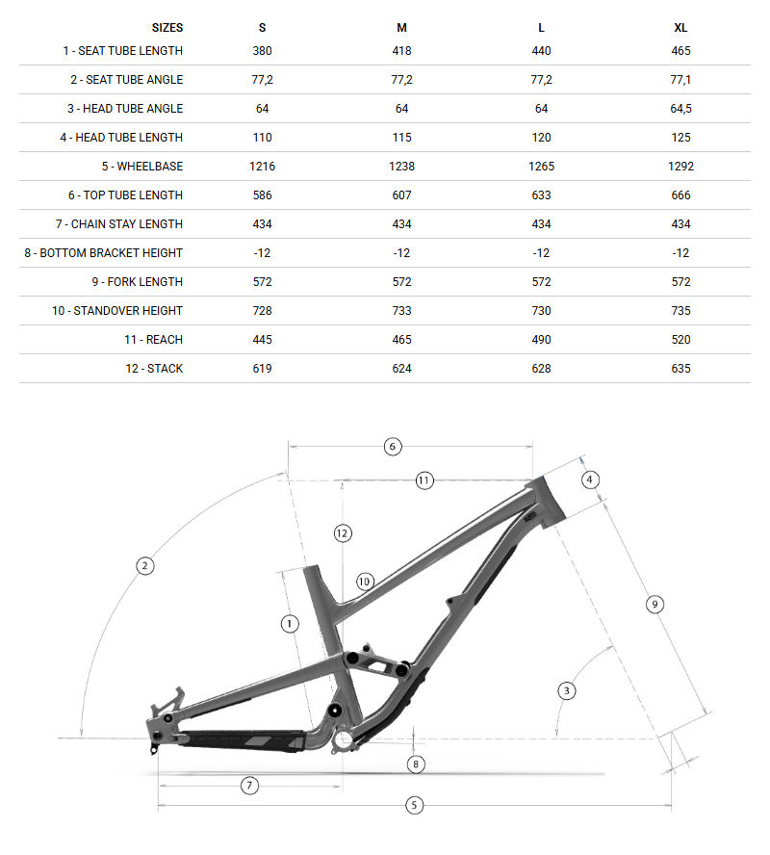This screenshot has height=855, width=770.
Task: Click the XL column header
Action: tap(680, 28)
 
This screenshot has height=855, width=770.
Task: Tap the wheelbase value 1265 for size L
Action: tap(542, 166)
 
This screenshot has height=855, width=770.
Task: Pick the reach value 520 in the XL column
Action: tap(680, 339)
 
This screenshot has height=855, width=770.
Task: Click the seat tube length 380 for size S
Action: tap(262, 50)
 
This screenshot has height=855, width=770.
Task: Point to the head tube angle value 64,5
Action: tap(680, 108)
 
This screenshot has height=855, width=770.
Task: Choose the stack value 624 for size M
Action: tap(401, 368)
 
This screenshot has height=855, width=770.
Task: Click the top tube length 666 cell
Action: tap(680, 194)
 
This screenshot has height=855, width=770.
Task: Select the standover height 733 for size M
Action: tap(401, 310)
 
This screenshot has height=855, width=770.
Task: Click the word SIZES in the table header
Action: tap(167, 28)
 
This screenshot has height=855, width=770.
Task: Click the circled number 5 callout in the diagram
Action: tap(415, 805)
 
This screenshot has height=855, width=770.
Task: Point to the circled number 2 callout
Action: tap(145, 565)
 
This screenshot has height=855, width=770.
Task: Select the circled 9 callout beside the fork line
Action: tap(654, 604)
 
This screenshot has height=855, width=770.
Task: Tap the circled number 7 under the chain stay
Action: tap(249, 785)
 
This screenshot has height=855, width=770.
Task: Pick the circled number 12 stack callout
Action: tap(343, 532)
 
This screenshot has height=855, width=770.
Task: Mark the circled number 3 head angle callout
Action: tap(567, 689)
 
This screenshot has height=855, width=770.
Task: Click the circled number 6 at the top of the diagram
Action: tap(392, 446)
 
